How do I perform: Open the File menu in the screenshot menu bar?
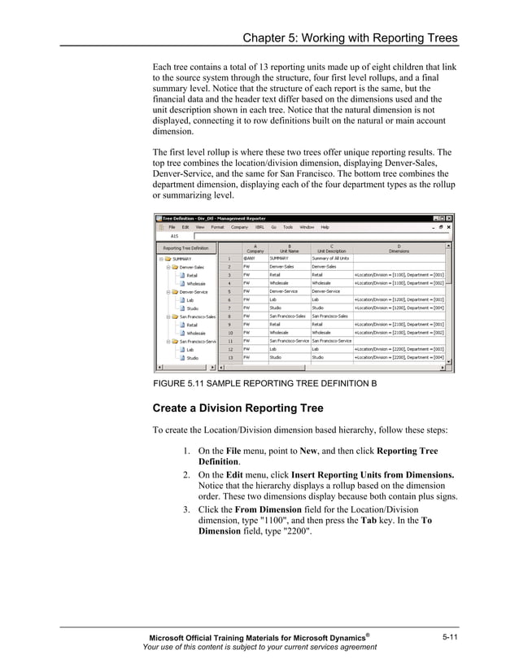coord(172,227)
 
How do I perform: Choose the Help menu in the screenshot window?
coord(325,227)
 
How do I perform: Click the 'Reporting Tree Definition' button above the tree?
coord(185,248)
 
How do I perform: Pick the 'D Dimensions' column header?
coord(399,248)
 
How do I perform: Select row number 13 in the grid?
coord(229,357)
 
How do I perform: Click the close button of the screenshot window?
coord(450,218)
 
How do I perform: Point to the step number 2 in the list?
coord(186,474)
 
